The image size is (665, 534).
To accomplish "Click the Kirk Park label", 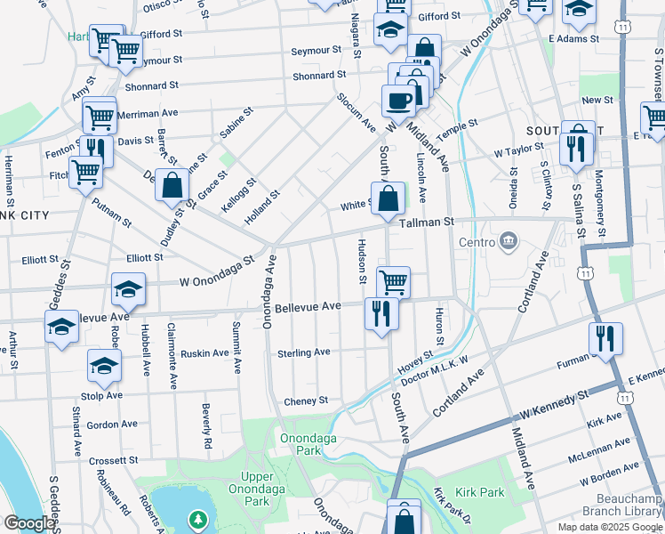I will tap(478, 492).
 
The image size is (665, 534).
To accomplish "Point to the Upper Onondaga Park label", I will tap(258, 489).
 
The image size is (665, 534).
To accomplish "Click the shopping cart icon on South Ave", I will tap(393, 283).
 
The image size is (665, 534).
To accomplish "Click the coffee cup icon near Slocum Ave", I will tap(398, 100).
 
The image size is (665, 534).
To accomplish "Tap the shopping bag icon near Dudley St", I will tap(172, 186).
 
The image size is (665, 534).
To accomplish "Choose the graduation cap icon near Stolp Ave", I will tap(104, 365).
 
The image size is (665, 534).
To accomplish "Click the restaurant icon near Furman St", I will tap(605, 339).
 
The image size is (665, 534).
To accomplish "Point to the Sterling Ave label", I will tap(304, 352).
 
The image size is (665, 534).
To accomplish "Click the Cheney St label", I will tap(307, 401).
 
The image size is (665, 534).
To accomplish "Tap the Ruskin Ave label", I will tap(205, 353).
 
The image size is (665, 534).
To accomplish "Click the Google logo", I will tap(29, 524).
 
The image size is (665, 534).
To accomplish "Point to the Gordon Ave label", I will tap(112, 425).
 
